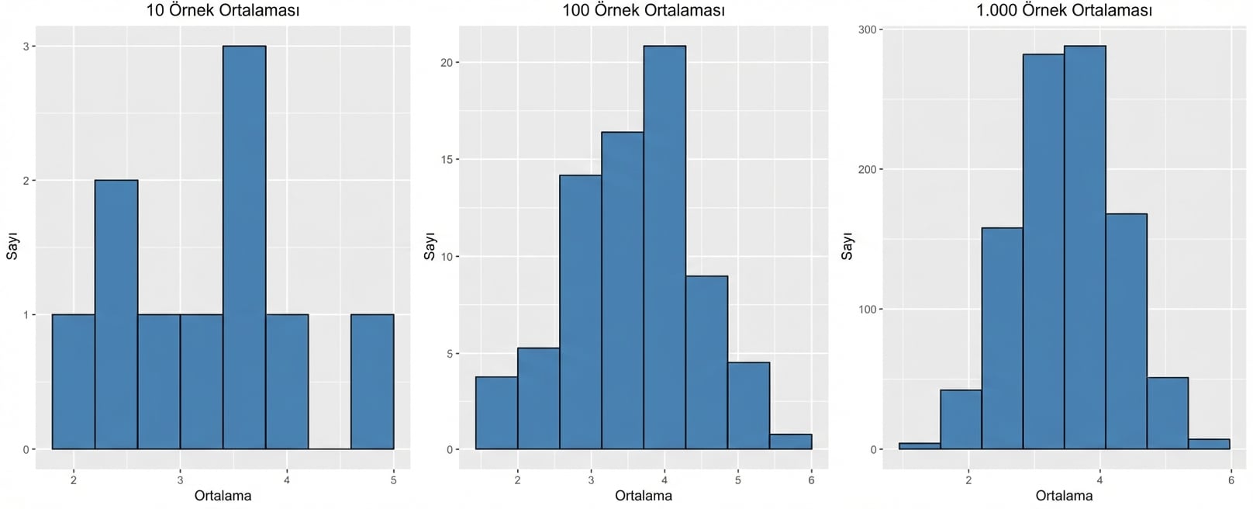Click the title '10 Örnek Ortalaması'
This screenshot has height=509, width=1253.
223,11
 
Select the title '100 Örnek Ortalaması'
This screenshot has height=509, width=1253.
643,11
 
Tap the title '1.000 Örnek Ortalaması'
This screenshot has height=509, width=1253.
1064,11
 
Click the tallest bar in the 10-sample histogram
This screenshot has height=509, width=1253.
244,248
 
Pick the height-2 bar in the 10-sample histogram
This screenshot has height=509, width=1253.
116,314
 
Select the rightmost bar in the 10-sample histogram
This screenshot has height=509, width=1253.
372,382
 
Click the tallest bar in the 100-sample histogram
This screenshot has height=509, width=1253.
664,248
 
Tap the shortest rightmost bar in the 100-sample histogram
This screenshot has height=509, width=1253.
790,441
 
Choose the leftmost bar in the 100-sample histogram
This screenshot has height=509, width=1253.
496,413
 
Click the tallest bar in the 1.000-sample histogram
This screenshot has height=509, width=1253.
1085,248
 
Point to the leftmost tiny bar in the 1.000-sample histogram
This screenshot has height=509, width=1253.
920,446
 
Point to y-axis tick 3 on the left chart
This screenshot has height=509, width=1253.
26,47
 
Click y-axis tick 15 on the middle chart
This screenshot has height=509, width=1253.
446,160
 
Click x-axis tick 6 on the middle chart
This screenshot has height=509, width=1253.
811,480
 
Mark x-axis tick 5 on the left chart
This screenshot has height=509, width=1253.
393,480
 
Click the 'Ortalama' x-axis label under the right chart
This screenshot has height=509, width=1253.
1064,496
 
